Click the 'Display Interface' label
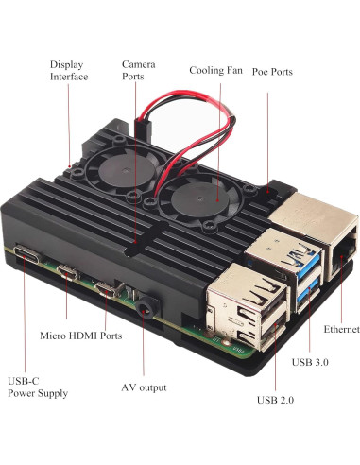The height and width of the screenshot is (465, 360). click(x=68, y=70)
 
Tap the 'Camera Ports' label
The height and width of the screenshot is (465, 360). click(x=132, y=70)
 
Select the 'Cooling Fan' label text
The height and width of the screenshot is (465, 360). click(x=216, y=70)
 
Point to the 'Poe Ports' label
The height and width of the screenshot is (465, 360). click(x=271, y=71)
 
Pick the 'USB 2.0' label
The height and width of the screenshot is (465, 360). click(x=275, y=400)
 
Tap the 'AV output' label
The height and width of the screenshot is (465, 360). click(x=144, y=387)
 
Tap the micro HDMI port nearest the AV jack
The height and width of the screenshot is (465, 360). click(x=105, y=287)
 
